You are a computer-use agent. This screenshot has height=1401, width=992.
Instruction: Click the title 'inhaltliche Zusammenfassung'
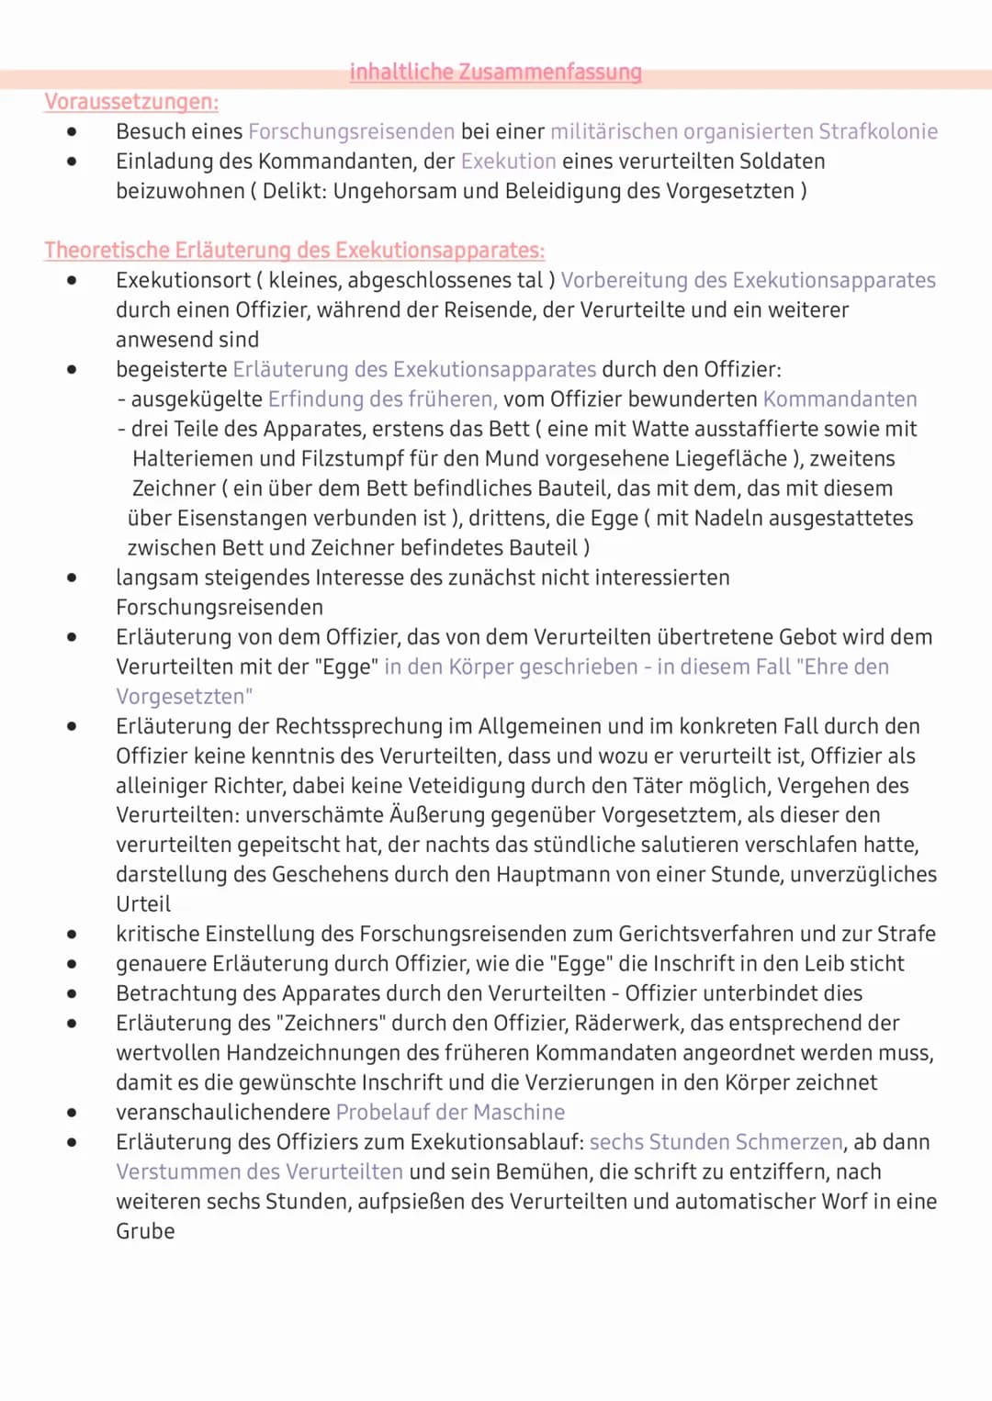tap(495, 72)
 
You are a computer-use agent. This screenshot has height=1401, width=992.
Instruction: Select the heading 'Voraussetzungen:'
tap(131, 102)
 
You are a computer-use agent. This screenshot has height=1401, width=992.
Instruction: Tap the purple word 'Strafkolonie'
tap(877, 131)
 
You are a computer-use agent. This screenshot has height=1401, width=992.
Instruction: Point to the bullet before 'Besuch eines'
tap(72, 131)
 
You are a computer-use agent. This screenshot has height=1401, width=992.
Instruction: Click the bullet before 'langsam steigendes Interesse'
tap(72, 577)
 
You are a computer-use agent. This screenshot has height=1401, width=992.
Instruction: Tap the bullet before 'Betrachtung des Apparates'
tap(72, 993)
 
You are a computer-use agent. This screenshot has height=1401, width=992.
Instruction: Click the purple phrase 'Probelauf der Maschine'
tap(450, 1112)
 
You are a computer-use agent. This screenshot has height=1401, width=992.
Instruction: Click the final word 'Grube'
tap(145, 1231)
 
